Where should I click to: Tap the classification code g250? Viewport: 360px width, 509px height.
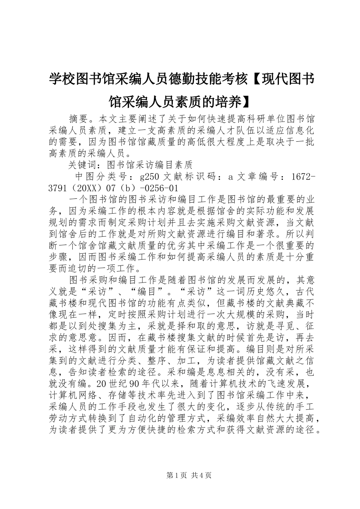(149, 176)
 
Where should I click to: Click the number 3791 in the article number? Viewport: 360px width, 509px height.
(58, 188)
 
